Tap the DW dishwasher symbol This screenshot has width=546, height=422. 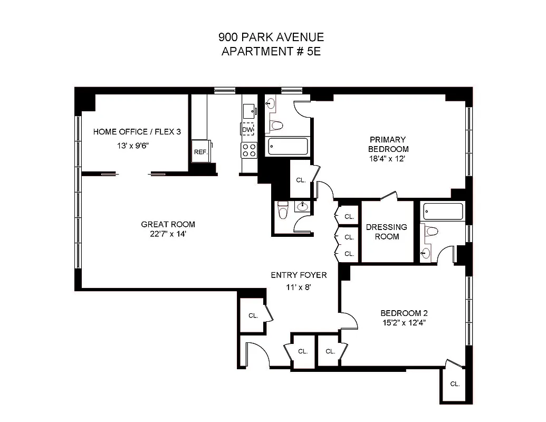tap(248, 129)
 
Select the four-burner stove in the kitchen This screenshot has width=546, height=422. tap(248, 150)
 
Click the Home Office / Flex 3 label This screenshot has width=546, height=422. tap(137, 131)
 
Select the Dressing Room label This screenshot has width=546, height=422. tap(387, 232)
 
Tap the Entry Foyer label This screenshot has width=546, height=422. tap(299, 275)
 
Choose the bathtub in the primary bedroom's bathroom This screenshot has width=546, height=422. tap(288, 146)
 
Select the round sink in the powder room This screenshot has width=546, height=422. tap(303, 207)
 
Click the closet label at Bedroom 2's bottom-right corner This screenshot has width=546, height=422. tap(455, 384)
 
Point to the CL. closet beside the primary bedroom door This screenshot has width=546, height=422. tap(301, 180)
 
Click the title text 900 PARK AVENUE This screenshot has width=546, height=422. tap(271, 37)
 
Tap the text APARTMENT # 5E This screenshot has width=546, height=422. tap(271, 51)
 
